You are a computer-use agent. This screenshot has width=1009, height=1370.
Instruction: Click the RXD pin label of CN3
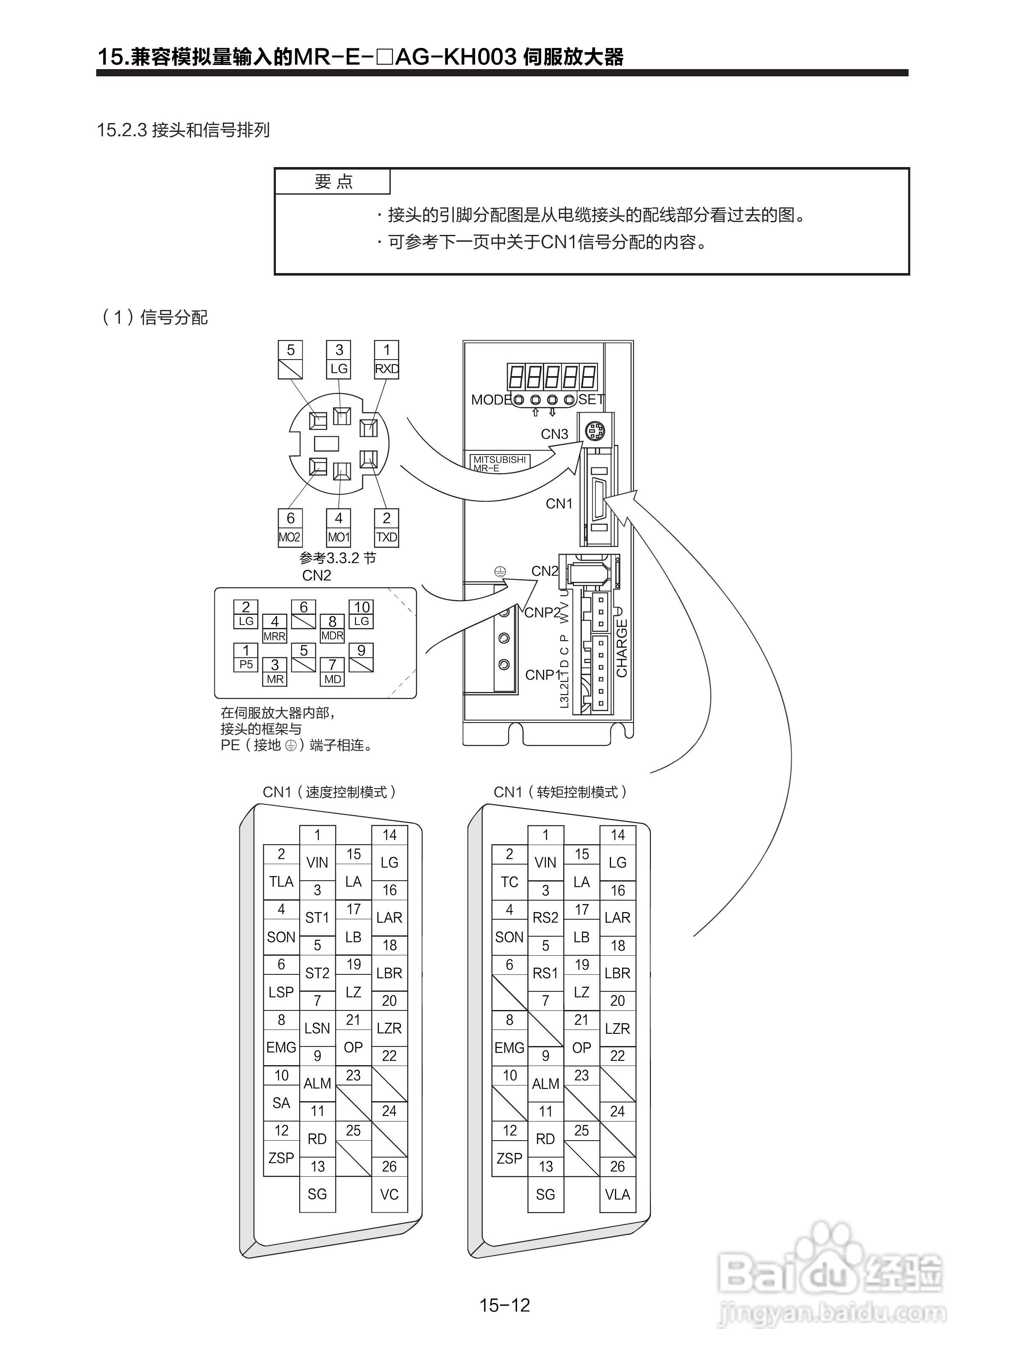(386, 369)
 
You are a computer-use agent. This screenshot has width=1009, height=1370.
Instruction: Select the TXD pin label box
(386, 537)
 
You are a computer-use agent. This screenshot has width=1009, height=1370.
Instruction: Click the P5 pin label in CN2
(245, 664)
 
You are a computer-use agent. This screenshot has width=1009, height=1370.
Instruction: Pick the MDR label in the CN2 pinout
(332, 636)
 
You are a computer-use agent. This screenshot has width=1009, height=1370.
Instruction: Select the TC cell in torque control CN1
(509, 882)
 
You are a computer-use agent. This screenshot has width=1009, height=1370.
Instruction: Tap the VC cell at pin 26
(389, 1194)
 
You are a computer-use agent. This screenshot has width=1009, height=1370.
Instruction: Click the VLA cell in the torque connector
(617, 1194)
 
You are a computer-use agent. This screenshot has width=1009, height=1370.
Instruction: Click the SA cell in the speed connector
(281, 1103)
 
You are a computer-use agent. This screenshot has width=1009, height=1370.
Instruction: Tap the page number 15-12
(504, 1305)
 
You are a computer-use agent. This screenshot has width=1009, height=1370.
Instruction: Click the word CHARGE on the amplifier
(622, 648)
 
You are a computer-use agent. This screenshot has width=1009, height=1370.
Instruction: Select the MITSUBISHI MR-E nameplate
(499, 463)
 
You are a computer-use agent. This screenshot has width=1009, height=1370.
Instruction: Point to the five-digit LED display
(551, 377)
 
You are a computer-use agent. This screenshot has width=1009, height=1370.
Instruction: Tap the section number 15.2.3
(122, 130)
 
